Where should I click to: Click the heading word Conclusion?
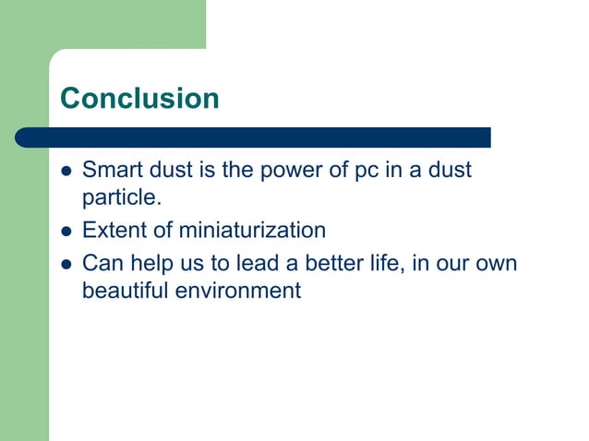pos(139,98)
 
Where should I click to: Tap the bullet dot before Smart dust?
pos(66,171)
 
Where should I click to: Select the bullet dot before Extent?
pos(66,231)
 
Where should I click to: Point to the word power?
pos(288,171)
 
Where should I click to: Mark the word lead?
pos(247,264)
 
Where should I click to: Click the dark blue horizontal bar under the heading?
pos(254,137)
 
